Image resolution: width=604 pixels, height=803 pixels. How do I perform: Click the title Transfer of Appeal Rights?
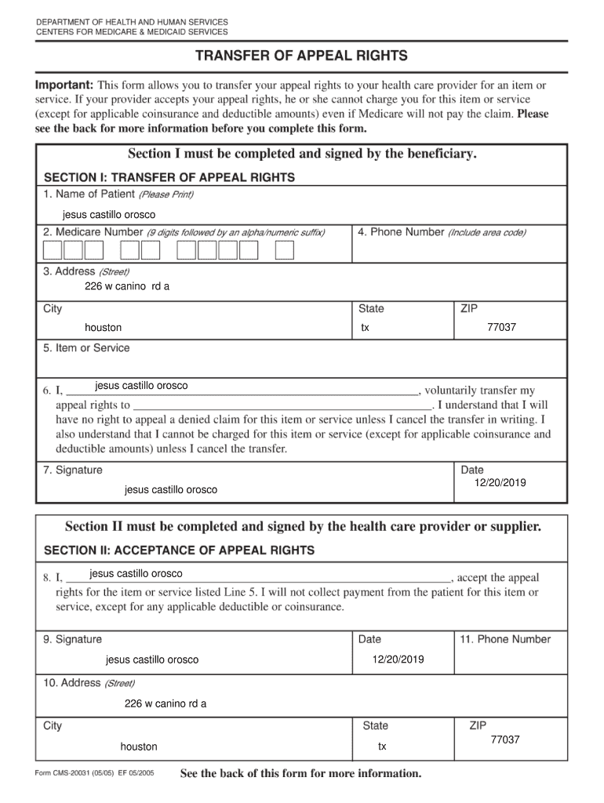pos(301,56)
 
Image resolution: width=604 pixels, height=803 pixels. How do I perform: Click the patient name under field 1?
pos(109,215)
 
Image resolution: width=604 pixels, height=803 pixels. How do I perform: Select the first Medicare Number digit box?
pos(53,250)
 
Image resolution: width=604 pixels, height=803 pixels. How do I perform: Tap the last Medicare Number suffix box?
pos(286,250)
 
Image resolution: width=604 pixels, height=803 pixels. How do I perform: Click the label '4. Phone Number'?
pos(400,232)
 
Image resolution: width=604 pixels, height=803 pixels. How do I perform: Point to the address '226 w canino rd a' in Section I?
pos(127,286)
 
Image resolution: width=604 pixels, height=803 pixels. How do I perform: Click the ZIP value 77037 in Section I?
pos(501,327)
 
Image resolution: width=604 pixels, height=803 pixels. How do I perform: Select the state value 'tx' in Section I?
pos(365,328)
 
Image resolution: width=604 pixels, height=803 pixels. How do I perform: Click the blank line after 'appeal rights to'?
pos(282,405)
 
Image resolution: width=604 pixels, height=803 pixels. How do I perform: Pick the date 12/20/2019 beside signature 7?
pos(500,483)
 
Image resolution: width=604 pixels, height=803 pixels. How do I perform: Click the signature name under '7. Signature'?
pos(171,490)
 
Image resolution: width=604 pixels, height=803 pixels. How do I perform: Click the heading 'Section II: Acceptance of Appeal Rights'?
pos(179,550)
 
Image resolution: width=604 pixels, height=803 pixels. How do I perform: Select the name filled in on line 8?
pos(136,574)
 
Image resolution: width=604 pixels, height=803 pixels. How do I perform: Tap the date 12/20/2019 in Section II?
pos(398,659)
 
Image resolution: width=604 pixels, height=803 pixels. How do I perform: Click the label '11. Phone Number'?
pos(505,639)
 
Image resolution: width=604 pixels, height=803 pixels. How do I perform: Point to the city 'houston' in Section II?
pos(139,747)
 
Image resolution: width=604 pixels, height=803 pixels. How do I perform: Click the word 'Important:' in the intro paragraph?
pos(65,85)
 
